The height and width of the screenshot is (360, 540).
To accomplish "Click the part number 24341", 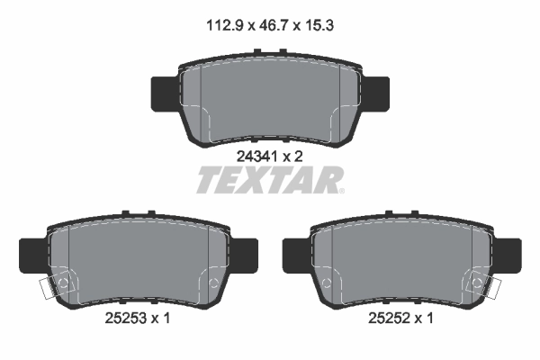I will [254, 155].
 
